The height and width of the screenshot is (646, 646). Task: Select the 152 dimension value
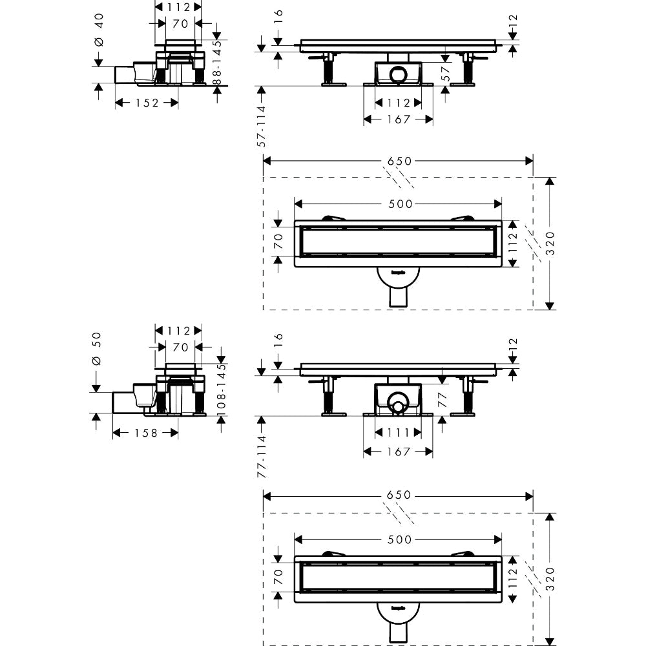pyautogui.click(x=147, y=103)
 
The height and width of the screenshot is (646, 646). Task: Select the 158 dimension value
pyautogui.click(x=145, y=433)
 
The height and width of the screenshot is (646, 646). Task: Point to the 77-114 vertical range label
pyautogui.click(x=262, y=455)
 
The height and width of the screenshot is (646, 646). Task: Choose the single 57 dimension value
pyautogui.click(x=445, y=74)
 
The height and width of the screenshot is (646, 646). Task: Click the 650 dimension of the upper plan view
pyautogui.click(x=399, y=161)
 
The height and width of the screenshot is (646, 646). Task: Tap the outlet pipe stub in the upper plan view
pyautogui.click(x=399, y=297)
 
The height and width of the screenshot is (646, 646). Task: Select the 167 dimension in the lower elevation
pyautogui.click(x=398, y=452)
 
